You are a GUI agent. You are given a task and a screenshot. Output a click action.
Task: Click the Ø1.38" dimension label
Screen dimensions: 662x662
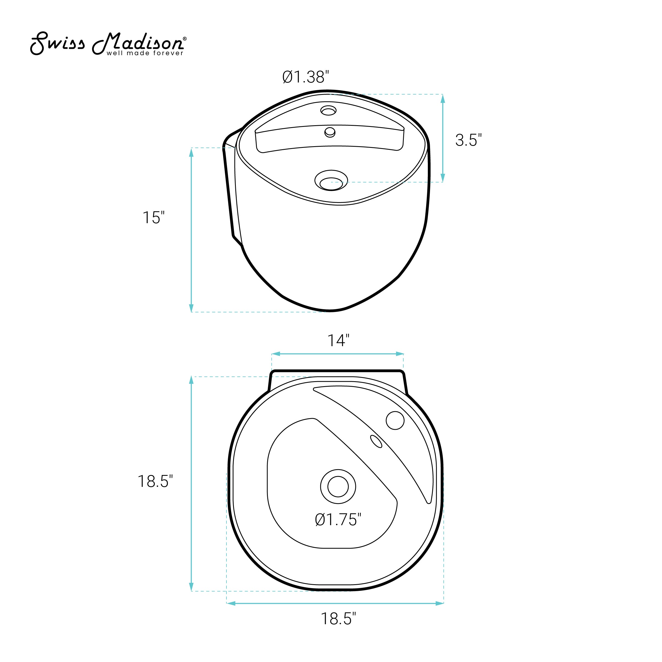tap(306, 77)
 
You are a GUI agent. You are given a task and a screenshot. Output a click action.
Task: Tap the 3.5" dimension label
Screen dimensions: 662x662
tap(468, 140)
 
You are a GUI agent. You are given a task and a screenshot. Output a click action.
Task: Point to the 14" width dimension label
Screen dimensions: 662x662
tap(338, 341)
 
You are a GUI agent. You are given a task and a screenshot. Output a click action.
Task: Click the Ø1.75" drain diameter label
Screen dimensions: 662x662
tap(338, 520)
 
